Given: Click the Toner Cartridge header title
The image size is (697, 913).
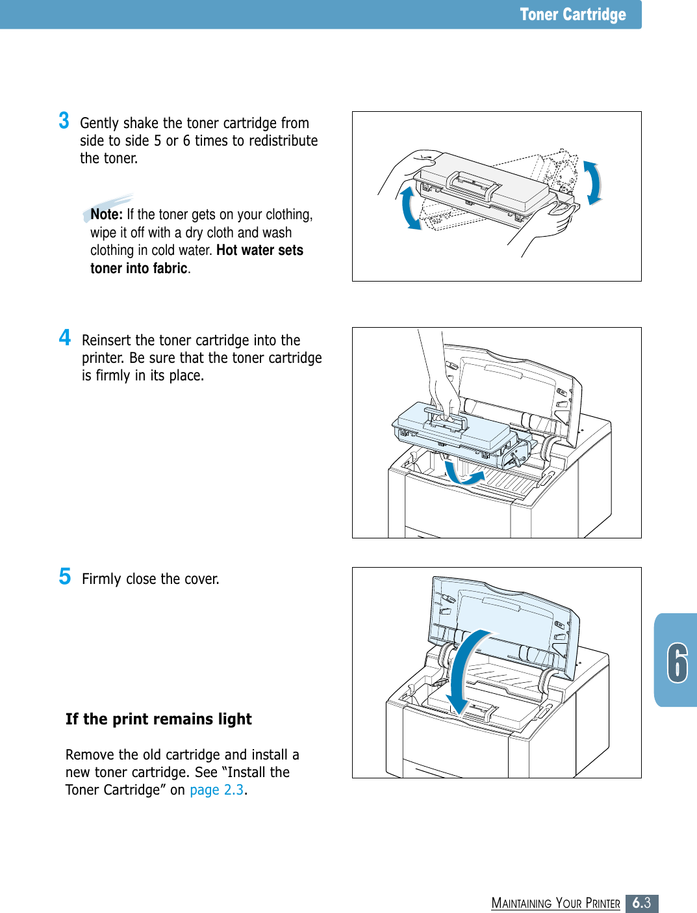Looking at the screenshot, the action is click(572, 14).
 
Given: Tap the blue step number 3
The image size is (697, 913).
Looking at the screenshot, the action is click(64, 121).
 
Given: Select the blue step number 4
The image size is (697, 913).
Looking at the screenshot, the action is click(64, 337).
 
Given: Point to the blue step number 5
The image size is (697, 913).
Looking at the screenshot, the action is click(64, 576).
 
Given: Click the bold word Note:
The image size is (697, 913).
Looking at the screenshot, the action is click(107, 215).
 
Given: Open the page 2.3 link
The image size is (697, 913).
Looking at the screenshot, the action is click(216, 790).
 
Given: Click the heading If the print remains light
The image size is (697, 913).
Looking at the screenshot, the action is click(158, 719).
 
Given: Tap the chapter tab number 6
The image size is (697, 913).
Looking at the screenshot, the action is click(677, 662).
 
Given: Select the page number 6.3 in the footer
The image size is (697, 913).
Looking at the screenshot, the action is click(642, 903).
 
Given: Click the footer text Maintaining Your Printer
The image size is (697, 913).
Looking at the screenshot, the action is click(555, 903).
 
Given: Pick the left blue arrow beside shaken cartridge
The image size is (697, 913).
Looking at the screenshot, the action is click(409, 207).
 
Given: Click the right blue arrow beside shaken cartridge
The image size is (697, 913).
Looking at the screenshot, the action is click(592, 183).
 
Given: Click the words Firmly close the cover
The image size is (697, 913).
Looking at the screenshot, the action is click(150, 579).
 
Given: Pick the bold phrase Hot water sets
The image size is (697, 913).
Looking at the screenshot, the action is click(260, 250).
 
